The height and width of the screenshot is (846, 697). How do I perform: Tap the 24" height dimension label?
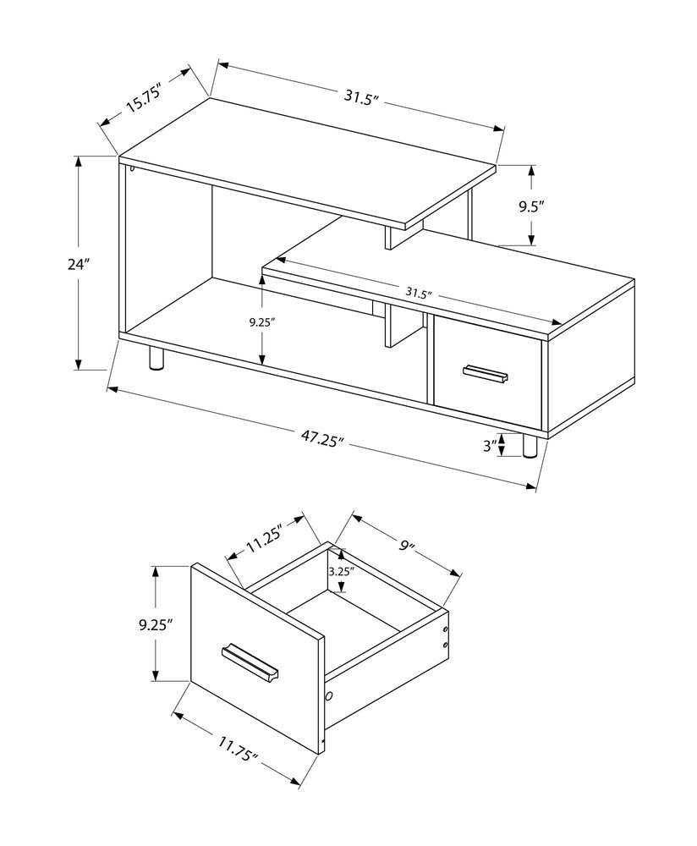tap(80, 264)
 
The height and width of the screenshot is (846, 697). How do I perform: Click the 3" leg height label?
tap(488, 446)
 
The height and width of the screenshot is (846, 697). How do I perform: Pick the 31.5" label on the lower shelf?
tap(418, 294)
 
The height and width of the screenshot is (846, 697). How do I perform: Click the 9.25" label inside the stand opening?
tap(262, 321)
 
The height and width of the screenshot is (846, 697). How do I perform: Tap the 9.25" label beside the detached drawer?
tap(156, 625)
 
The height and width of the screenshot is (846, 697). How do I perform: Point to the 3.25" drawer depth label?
tap(341, 571)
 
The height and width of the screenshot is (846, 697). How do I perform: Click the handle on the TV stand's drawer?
tap(486, 373)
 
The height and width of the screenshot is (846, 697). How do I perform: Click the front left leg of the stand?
tap(156, 359)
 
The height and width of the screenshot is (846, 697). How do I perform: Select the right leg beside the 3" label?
tap(530, 446)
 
